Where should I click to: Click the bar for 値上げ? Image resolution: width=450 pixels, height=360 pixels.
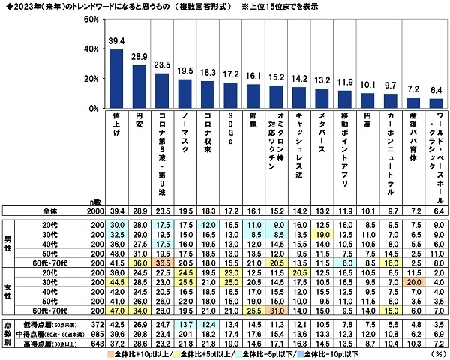[x=116, y=79]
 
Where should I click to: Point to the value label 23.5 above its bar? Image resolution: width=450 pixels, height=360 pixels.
[x=161, y=65]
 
